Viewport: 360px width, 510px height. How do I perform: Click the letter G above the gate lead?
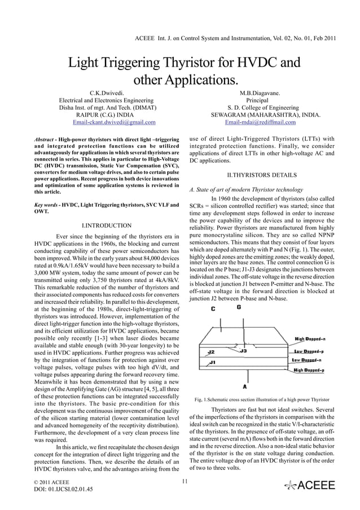point(239,307)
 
